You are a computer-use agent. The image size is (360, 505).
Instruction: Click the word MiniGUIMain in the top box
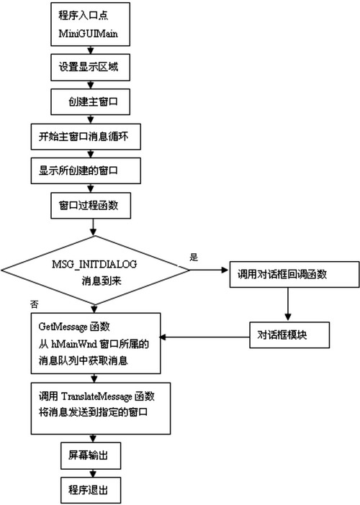(x=88, y=34)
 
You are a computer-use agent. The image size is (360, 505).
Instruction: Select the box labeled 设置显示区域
(x=90, y=68)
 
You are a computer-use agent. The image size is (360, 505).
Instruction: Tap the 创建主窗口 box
(x=90, y=101)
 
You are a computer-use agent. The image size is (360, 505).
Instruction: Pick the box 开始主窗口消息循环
(x=86, y=137)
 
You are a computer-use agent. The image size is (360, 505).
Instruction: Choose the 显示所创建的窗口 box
(x=86, y=170)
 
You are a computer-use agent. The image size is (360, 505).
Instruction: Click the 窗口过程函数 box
(x=91, y=206)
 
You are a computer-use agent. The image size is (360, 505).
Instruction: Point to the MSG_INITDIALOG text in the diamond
(x=94, y=264)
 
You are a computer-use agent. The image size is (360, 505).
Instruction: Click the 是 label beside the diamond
(x=194, y=257)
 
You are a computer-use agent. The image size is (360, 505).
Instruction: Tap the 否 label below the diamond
(x=34, y=305)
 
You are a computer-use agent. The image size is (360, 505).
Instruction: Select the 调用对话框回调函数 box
(x=294, y=274)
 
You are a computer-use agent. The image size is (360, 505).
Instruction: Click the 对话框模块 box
(x=289, y=335)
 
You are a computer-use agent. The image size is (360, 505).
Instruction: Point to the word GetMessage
(x=63, y=327)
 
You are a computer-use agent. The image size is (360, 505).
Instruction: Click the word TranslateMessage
(x=96, y=396)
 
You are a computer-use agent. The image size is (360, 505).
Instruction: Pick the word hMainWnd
(x=74, y=344)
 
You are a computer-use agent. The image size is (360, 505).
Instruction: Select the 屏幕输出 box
(x=91, y=456)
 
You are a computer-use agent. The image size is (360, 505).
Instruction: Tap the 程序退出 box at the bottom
(x=91, y=491)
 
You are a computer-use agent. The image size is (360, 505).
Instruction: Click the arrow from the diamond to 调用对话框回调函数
(x=209, y=270)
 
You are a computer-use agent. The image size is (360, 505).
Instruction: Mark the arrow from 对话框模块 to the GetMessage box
(x=204, y=337)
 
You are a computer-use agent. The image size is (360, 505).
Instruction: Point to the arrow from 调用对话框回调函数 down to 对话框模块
(x=288, y=304)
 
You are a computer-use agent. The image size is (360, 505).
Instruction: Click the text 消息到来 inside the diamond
(x=102, y=281)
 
